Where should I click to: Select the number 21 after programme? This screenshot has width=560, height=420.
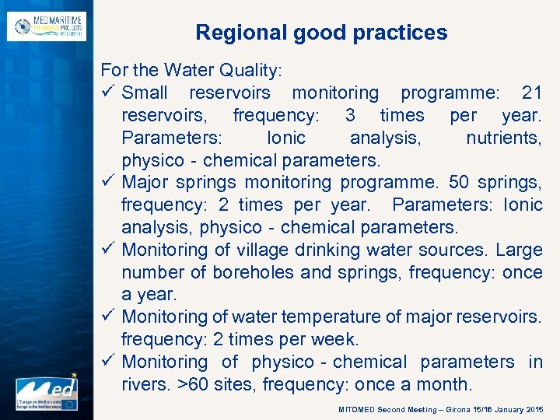point(532,93)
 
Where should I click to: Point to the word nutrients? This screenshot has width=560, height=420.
point(503,138)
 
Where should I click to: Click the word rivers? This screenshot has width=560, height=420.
point(145,384)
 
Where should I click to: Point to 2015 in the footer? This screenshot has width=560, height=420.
point(534,409)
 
